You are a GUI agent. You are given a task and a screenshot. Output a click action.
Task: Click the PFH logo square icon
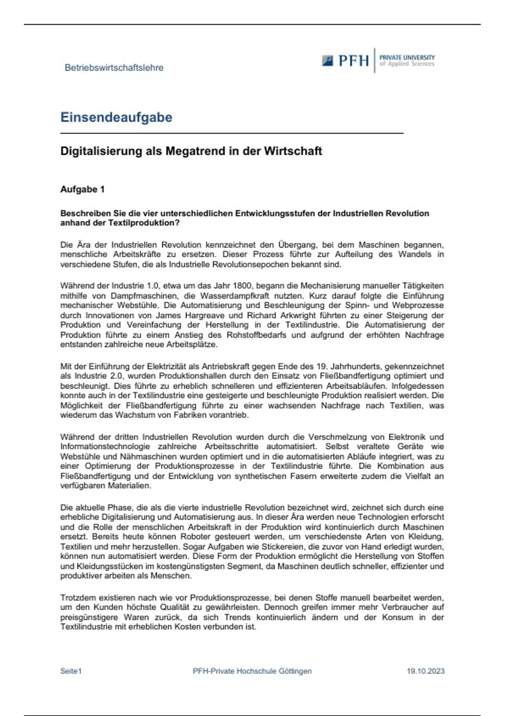(x=328, y=61)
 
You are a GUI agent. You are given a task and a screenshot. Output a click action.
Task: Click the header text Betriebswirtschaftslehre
(x=114, y=68)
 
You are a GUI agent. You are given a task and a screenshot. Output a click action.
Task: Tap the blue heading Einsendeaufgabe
(x=116, y=117)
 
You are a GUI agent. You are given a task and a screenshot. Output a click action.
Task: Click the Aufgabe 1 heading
(x=82, y=190)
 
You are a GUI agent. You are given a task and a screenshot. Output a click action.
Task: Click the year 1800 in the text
(x=242, y=286)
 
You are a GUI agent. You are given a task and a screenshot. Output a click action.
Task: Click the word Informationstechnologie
(x=105, y=446)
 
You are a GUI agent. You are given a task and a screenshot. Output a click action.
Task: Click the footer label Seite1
(x=71, y=671)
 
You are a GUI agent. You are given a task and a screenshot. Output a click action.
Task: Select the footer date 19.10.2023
(x=425, y=671)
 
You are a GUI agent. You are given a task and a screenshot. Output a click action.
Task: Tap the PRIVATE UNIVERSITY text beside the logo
(x=407, y=57)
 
